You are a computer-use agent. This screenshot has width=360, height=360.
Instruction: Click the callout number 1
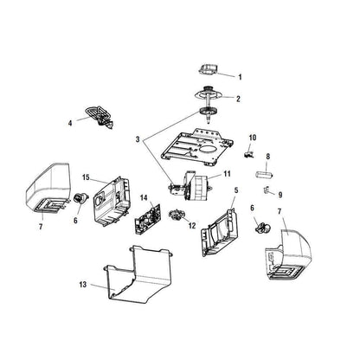(240, 77)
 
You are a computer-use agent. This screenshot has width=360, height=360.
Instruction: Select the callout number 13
(83, 285)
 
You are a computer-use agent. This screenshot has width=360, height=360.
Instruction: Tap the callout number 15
(86, 177)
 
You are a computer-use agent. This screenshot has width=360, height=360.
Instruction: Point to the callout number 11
(227, 174)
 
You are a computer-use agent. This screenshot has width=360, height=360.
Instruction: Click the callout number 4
(70, 123)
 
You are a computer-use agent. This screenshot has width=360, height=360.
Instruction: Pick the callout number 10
(253, 138)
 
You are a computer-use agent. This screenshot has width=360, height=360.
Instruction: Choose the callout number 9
(280, 195)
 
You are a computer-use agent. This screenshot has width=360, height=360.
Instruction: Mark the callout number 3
(138, 139)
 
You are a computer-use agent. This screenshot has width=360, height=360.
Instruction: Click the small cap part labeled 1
(208, 69)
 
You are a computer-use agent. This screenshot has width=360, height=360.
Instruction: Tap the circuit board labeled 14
(147, 218)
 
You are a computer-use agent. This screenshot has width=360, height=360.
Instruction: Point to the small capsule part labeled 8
(264, 175)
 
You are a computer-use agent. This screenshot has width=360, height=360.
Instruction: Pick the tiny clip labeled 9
(267, 190)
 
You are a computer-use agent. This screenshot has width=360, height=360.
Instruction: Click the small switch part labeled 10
(248, 154)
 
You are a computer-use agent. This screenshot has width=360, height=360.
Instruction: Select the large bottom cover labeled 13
(139, 275)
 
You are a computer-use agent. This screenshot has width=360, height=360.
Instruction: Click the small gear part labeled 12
(177, 215)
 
